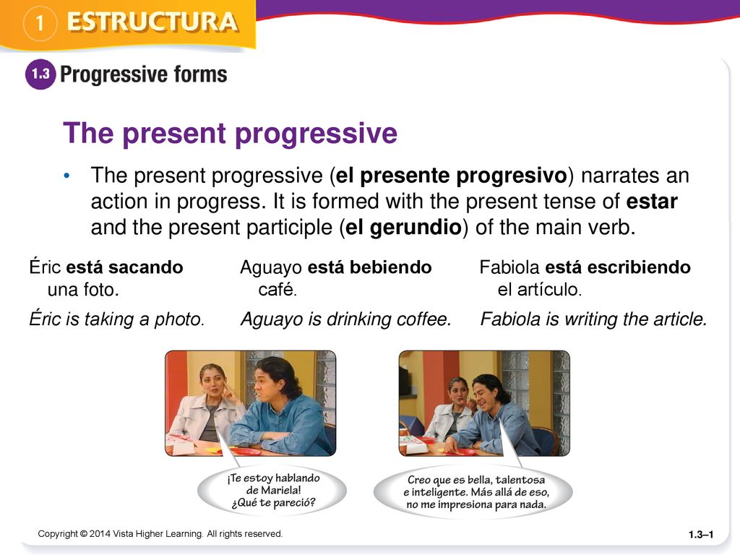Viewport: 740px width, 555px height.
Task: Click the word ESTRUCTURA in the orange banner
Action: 152,22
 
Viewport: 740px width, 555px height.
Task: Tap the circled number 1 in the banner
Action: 40,22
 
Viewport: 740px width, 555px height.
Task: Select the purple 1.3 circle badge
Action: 40,74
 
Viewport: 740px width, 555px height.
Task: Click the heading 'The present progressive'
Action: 231,133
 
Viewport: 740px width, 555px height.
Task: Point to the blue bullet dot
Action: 66,176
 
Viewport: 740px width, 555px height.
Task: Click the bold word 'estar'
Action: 652,202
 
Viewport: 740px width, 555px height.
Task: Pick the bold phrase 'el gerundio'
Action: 403,227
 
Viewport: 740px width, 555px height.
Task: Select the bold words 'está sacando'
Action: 124,267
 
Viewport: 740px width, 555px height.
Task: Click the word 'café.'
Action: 277,289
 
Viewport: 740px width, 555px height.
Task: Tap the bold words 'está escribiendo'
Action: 618,267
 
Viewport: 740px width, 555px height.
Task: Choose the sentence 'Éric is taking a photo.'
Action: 117,319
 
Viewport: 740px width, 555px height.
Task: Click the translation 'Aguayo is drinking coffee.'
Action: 346,319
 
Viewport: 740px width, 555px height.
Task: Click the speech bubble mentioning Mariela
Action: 272,491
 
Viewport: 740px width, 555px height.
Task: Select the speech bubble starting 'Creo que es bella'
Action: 473,492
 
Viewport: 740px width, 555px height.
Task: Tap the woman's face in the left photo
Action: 213,382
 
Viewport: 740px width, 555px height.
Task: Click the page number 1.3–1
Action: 701,535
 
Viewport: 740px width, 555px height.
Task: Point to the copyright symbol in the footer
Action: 84,534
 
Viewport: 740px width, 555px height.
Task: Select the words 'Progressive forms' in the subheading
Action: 144,74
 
